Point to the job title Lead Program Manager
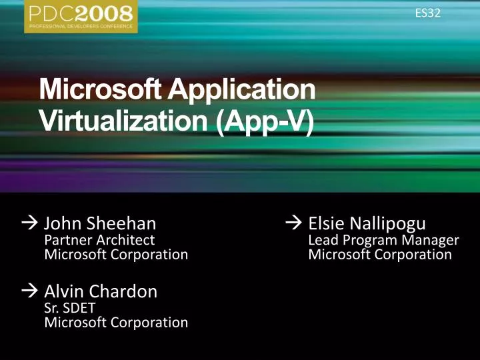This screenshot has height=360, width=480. [x=383, y=239]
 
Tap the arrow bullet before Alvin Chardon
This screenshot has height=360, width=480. [x=31, y=291]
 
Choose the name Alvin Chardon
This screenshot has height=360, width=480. [x=101, y=291]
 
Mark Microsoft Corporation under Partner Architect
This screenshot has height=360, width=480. [x=115, y=254]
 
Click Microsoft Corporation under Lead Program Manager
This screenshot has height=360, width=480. [x=380, y=254]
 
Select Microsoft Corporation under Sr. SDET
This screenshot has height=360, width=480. [x=115, y=322]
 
